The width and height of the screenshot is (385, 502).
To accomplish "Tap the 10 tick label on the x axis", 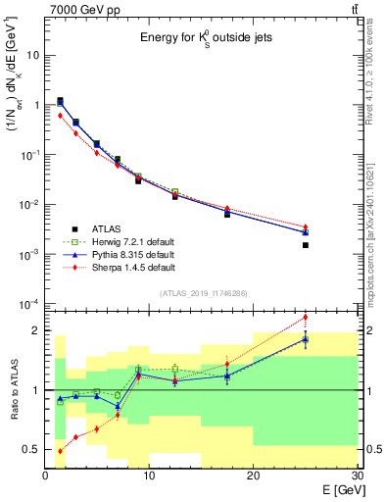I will pos(149,475).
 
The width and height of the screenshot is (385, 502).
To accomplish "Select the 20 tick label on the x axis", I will pos(253,475).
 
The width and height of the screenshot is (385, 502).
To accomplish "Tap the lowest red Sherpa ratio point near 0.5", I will pos(60,451).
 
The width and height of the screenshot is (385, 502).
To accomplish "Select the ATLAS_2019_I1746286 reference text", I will pos(202,293).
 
